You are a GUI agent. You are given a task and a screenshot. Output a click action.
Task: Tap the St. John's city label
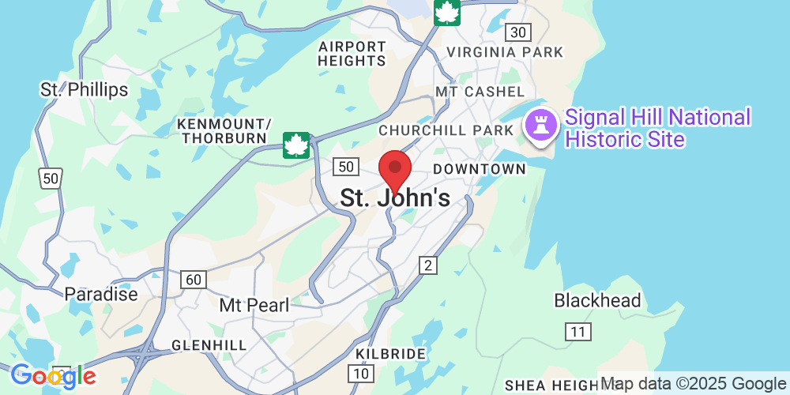[x=395, y=198]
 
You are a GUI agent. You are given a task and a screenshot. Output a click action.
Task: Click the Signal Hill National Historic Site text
[x=657, y=129]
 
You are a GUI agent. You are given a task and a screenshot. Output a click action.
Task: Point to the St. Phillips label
[x=84, y=89]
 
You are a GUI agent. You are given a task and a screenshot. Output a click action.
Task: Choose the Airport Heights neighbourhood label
[x=352, y=54]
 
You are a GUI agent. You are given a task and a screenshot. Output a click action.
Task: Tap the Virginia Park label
[x=505, y=52]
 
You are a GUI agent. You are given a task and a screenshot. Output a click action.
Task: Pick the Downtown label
[x=480, y=169]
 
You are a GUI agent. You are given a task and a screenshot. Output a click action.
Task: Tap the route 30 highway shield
[x=518, y=32]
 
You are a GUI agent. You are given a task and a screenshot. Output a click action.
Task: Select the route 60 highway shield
[x=194, y=279]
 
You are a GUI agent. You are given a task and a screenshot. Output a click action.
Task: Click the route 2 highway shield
[x=428, y=265]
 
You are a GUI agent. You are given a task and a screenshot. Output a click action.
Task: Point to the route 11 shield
[x=578, y=332]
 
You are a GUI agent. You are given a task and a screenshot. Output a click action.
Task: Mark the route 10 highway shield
[x=361, y=373]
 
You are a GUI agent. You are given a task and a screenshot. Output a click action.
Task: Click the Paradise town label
[x=101, y=295]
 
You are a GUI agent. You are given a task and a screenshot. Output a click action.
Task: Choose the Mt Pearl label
[x=254, y=305]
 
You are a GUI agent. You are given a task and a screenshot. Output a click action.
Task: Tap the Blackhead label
[x=597, y=301]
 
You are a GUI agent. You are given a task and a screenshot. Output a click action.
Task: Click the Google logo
[x=53, y=377]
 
